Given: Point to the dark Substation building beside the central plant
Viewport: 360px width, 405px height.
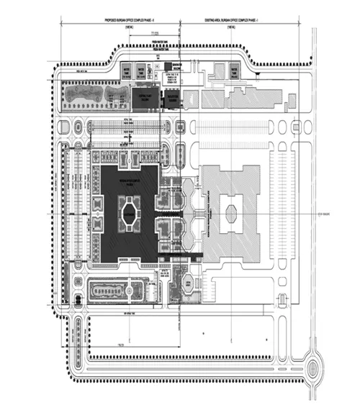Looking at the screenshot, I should point(173,100).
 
